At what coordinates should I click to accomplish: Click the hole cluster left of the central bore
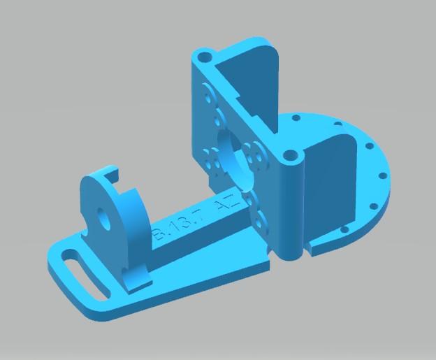coord(212,160)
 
